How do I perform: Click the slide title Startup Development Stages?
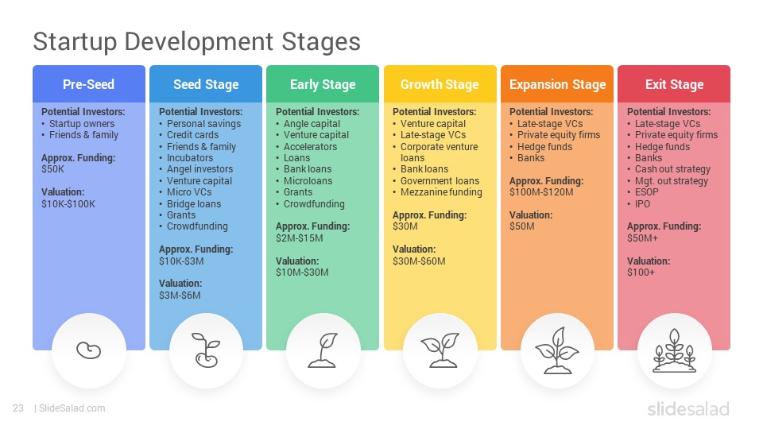(x=196, y=42)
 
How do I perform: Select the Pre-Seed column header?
(x=88, y=84)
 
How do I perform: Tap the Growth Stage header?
(x=440, y=85)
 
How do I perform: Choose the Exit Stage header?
(x=675, y=85)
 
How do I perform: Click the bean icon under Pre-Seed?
(x=88, y=350)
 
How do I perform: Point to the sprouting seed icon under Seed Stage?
(x=206, y=350)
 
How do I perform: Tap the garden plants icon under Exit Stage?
(x=674, y=350)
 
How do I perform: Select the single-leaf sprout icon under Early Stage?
(x=323, y=350)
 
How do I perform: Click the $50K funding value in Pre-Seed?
(x=53, y=169)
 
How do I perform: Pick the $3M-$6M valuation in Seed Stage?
(x=180, y=296)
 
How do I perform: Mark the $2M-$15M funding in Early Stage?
(x=300, y=238)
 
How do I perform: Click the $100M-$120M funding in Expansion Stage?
(x=541, y=192)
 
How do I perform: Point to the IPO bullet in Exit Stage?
(x=642, y=204)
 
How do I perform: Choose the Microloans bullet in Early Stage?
(x=308, y=181)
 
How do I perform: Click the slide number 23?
(x=18, y=408)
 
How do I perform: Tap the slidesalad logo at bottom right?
(x=688, y=408)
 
